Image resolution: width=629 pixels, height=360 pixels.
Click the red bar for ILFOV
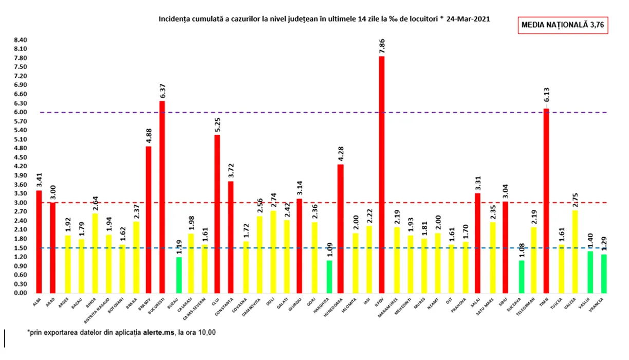(382, 175)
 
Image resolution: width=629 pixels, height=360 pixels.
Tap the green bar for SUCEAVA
(521, 277)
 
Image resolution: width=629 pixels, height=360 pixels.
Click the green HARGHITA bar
(328, 277)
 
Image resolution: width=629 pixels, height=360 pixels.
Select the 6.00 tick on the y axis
(21, 112)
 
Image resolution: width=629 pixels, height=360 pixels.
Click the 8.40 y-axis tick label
(21, 40)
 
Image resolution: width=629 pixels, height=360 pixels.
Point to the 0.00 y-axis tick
(21, 293)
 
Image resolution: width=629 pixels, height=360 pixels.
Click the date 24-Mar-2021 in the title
(468, 19)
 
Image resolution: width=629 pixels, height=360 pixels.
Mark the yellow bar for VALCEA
(575, 251)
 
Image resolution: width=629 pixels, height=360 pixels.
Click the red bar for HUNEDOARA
(341, 229)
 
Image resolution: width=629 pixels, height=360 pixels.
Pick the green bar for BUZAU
(178, 275)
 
